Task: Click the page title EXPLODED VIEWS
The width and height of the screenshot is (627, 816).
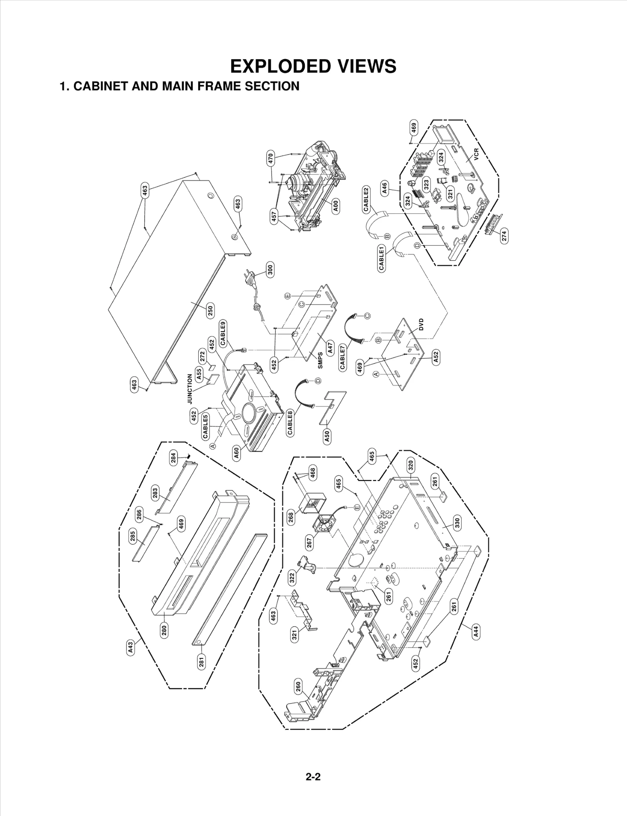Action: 313,66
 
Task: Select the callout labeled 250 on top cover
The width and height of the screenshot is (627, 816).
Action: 210,311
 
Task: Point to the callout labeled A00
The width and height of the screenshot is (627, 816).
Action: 336,205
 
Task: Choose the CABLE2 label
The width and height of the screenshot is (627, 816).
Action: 366,199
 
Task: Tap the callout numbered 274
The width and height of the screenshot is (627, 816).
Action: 504,236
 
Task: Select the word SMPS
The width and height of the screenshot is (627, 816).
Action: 320,360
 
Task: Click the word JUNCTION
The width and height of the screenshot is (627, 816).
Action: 190,389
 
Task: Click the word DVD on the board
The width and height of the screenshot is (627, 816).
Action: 421,325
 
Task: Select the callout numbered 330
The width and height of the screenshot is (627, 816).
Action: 457,522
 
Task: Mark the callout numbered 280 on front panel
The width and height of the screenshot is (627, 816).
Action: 164,630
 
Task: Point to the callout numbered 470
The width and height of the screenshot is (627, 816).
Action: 270,160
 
